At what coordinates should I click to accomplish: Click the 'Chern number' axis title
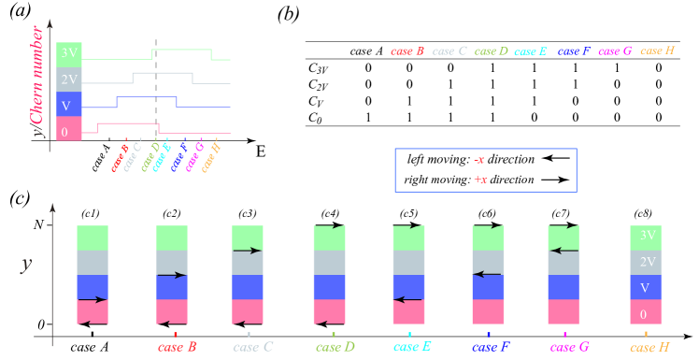click(38, 80)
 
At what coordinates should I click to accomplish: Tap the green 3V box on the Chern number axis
click(69, 53)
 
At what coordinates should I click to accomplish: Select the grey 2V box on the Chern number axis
click(69, 79)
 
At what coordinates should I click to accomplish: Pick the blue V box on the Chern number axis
click(69, 106)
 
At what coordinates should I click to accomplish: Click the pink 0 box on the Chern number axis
click(69, 132)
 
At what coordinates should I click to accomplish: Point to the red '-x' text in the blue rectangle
click(479, 160)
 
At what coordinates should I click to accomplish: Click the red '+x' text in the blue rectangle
click(479, 180)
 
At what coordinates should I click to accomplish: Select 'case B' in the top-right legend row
click(407, 50)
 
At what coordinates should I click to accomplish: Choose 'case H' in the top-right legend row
click(657, 50)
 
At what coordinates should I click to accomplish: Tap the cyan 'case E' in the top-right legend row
click(530, 51)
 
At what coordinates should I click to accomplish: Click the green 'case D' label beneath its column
click(335, 347)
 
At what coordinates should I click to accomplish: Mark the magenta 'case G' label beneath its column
click(569, 347)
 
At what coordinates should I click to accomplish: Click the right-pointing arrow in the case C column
click(247, 251)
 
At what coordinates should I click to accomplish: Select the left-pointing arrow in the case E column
click(407, 299)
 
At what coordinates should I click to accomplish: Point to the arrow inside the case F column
click(487, 274)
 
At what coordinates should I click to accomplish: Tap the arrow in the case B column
click(172, 275)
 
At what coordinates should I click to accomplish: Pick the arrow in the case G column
click(563, 250)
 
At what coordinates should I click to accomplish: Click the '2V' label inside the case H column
click(645, 262)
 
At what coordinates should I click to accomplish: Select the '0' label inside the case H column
click(645, 314)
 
